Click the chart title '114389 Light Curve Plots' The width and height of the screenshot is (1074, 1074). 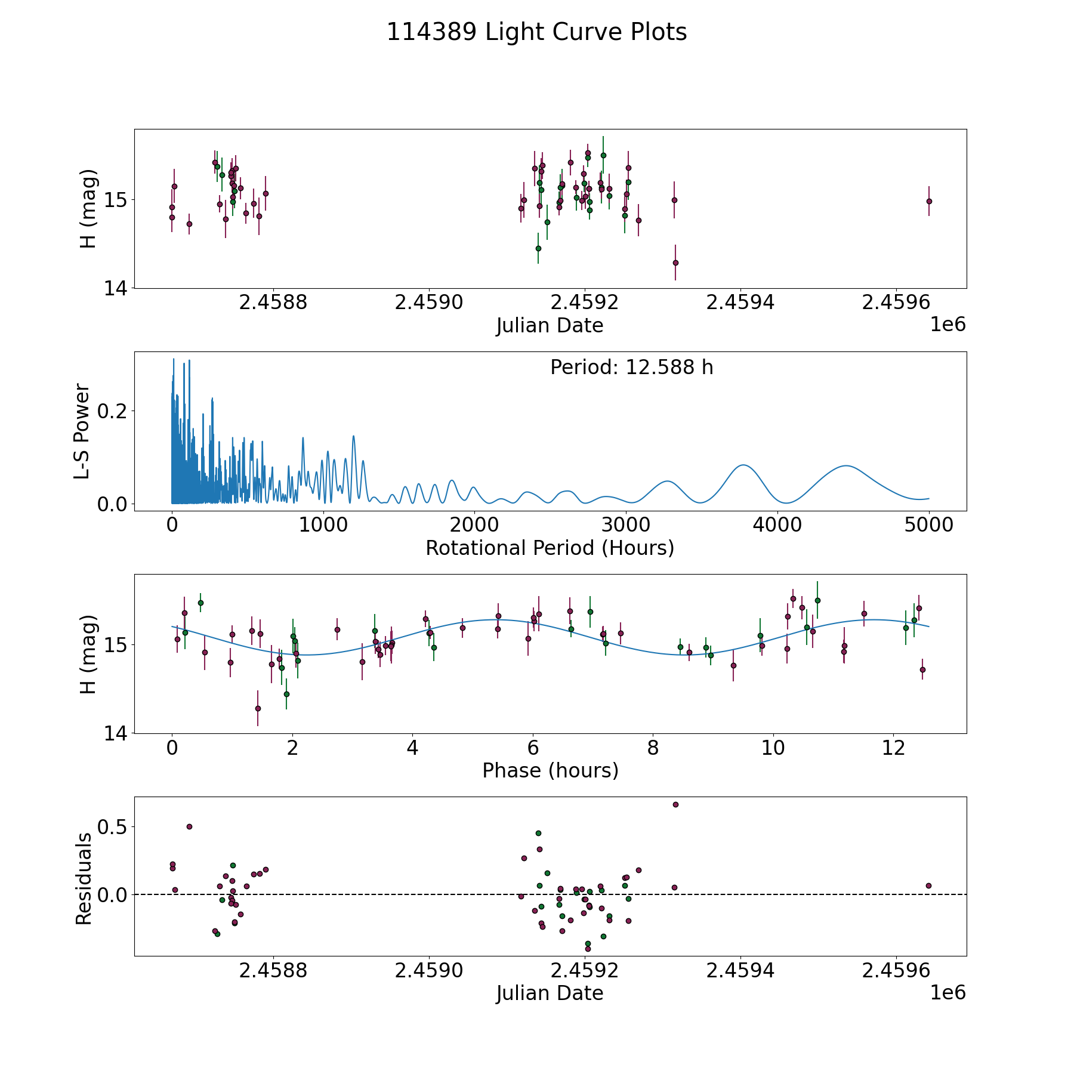pyautogui.click(x=536, y=32)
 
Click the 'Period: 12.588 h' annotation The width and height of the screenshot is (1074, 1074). pyautogui.click(x=631, y=368)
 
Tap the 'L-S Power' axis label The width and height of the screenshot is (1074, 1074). pyautogui.click(x=82, y=431)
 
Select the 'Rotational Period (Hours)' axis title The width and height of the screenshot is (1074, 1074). pyautogui.click(x=550, y=548)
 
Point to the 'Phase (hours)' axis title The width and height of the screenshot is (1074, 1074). pyautogui.click(x=550, y=770)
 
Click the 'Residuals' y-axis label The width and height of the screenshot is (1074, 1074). pyautogui.click(x=84, y=879)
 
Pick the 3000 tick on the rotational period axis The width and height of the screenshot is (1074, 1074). pyautogui.click(x=626, y=525)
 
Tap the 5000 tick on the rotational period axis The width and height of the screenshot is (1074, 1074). pyautogui.click(x=928, y=525)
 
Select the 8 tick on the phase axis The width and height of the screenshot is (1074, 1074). pyautogui.click(x=653, y=748)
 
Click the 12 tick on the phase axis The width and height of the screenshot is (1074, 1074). pyautogui.click(x=894, y=748)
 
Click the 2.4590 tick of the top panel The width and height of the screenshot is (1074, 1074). pyautogui.click(x=429, y=303)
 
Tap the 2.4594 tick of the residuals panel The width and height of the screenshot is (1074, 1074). pyautogui.click(x=740, y=971)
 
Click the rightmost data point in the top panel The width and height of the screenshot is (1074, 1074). pyautogui.click(x=929, y=201)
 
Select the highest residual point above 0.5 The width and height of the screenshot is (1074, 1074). pyautogui.click(x=675, y=804)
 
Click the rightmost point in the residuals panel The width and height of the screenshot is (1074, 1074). pyautogui.click(x=928, y=885)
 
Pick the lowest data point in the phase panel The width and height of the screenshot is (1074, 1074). pyautogui.click(x=258, y=708)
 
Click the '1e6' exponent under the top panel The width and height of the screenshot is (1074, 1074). pyautogui.click(x=948, y=325)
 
